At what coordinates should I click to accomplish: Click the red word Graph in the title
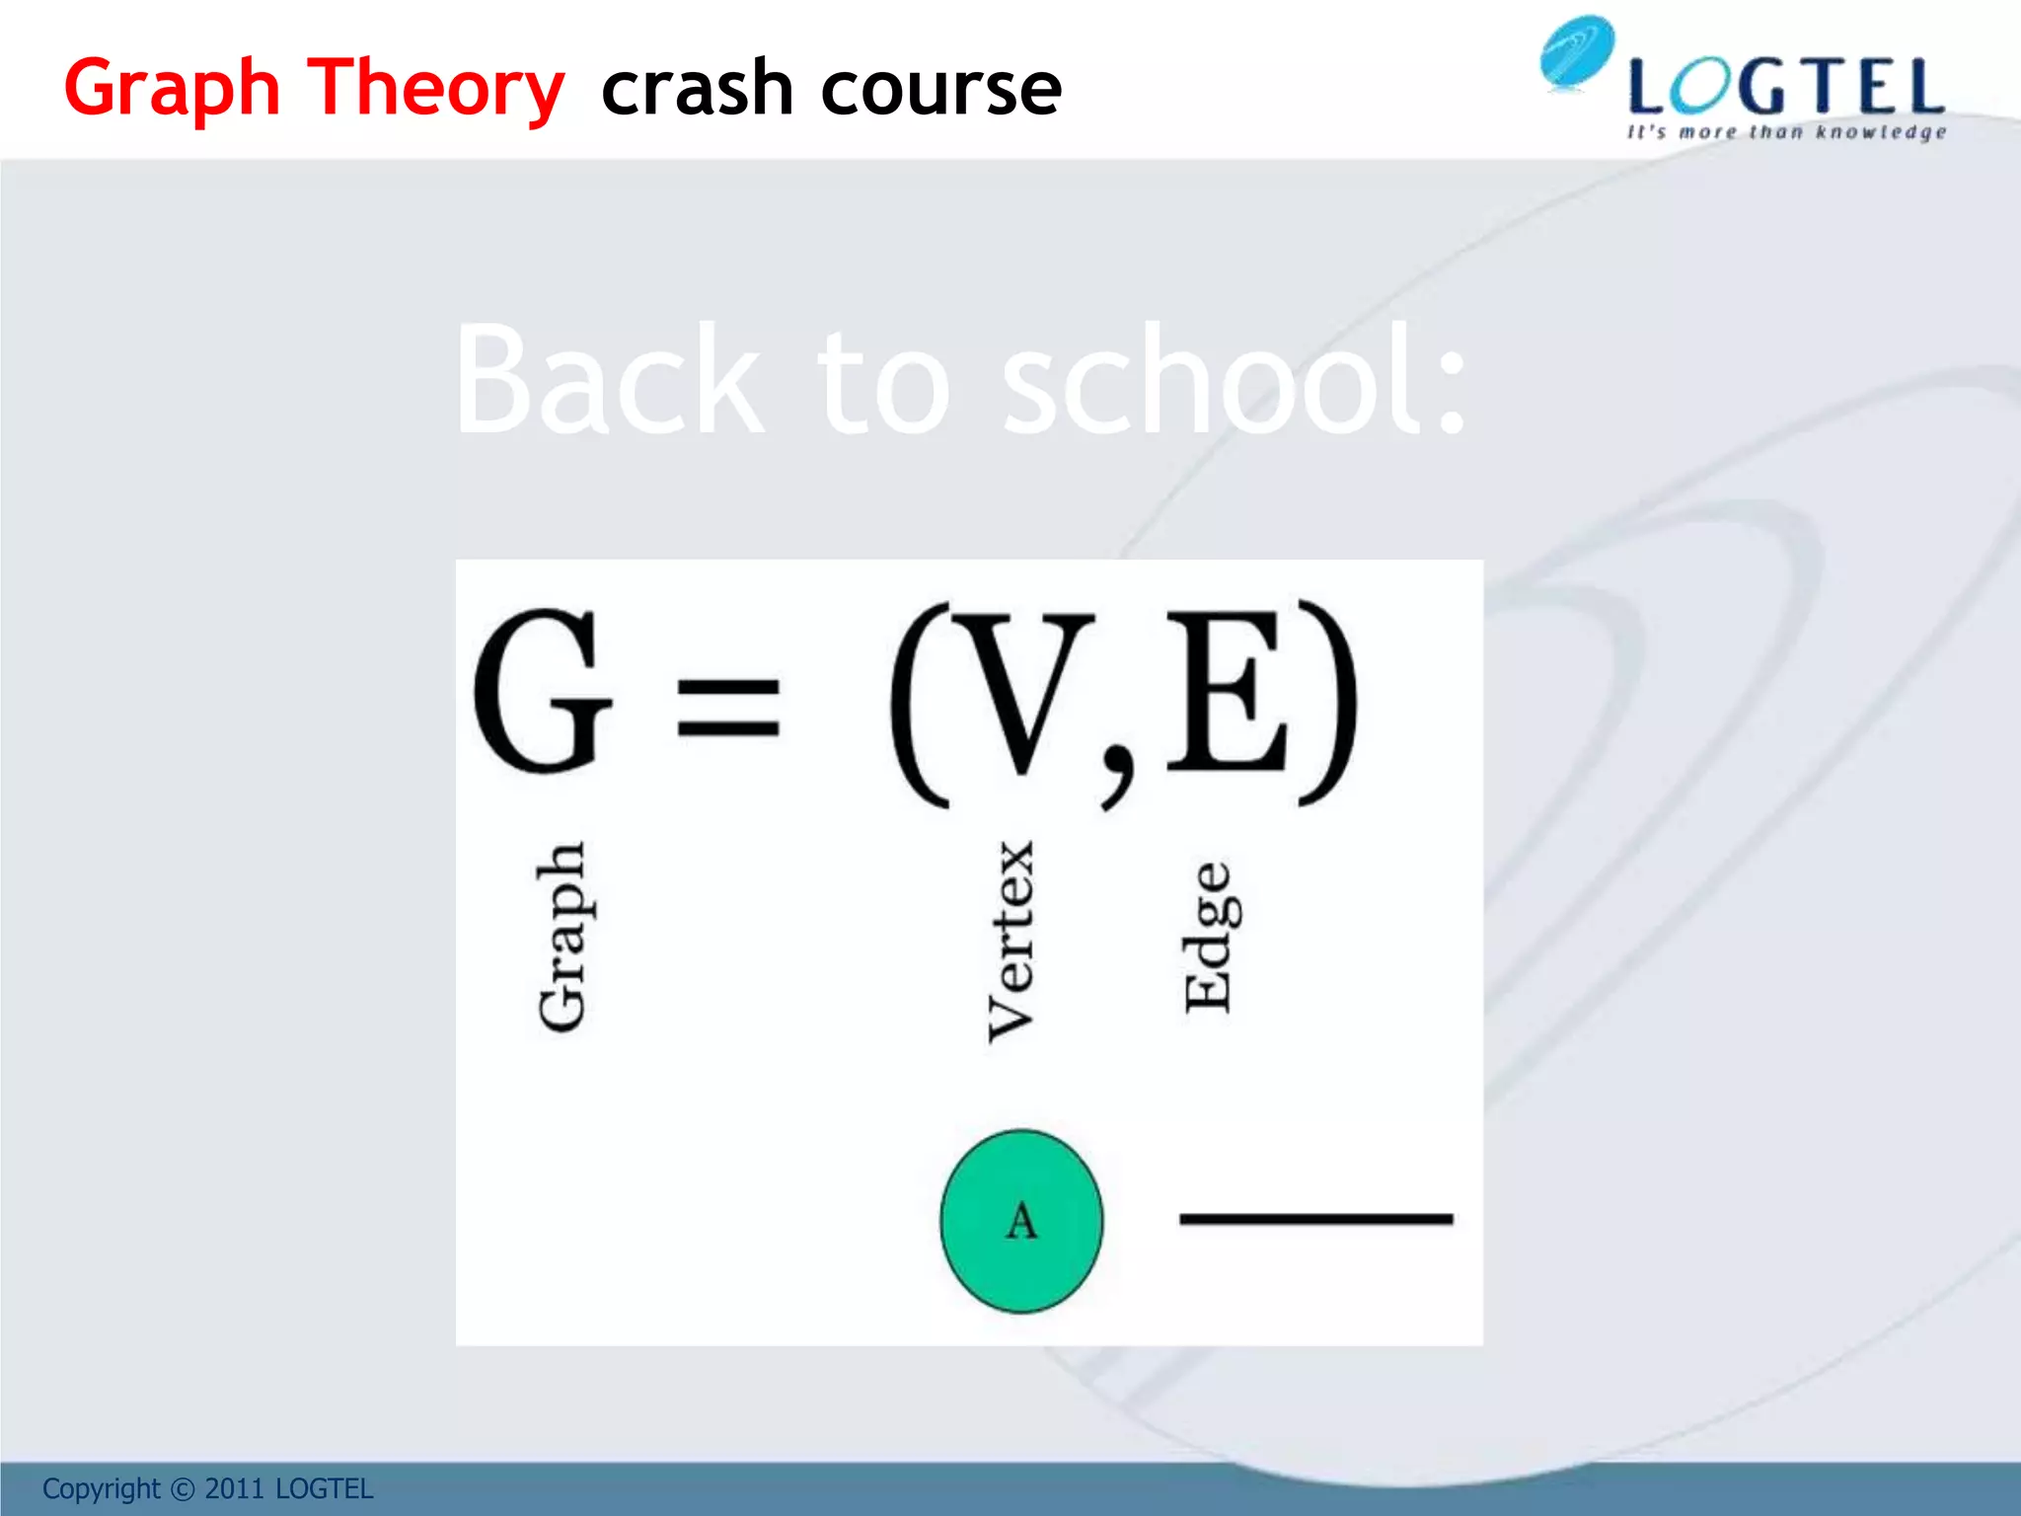point(172,89)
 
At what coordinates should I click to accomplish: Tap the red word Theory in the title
point(435,89)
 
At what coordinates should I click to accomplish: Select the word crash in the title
point(697,89)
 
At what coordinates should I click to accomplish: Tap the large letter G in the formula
point(540,691)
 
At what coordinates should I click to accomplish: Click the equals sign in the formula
point(729,708)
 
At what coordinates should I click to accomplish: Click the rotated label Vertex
point(1011,941)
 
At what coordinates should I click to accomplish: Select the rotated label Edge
point(1211,938)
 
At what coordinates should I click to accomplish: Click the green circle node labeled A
point(1021,1221)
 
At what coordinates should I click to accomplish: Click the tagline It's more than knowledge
point(1786,132)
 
